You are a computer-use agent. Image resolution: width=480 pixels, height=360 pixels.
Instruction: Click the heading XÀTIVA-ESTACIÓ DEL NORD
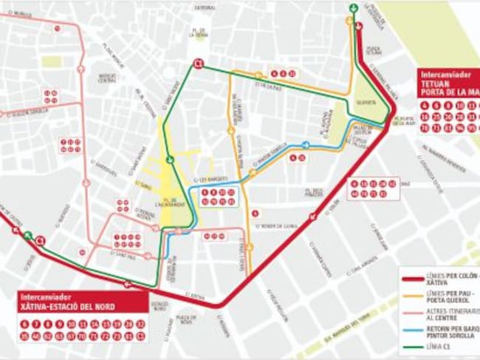click(67, 305)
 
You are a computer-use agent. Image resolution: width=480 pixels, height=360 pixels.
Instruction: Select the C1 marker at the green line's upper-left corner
click(198, 64)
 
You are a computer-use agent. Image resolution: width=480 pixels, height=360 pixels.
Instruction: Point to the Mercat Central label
click(108, 76)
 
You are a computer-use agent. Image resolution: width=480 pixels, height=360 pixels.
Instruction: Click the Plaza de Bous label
click(185, 319)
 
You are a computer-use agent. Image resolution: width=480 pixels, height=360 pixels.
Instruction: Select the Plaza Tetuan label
click(374, 51)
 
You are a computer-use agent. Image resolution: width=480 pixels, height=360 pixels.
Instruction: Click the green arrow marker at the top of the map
click(353, 9)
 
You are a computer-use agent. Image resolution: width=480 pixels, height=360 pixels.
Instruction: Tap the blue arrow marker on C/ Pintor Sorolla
click(306, 145)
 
